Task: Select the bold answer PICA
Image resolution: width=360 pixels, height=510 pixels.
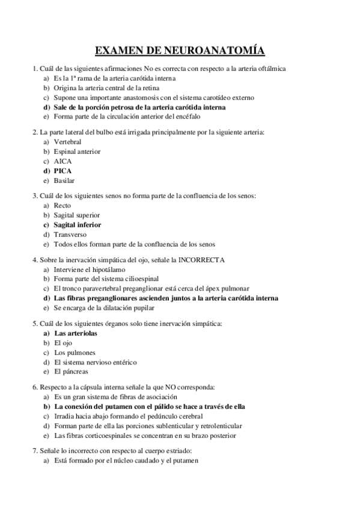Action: [63, 171]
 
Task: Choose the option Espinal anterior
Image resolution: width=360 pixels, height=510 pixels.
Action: [77, 152]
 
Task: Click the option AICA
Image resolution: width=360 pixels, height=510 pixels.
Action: [63, 161]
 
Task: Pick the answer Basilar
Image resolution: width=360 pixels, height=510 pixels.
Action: [65, 180]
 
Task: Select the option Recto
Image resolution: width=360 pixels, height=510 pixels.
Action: [63, 205]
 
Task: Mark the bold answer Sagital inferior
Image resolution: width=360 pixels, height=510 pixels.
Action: [78, 225]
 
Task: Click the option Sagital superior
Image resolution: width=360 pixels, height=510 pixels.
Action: [76, 215]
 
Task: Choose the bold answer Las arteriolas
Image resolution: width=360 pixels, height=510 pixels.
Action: [76, 333]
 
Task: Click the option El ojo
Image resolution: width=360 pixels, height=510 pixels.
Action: [63, 342]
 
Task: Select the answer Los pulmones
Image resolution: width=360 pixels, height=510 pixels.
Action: [75, 352]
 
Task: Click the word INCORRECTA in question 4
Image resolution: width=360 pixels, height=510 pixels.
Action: [201, 259]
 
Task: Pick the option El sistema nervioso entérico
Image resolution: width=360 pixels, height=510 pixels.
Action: [94, 362]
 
